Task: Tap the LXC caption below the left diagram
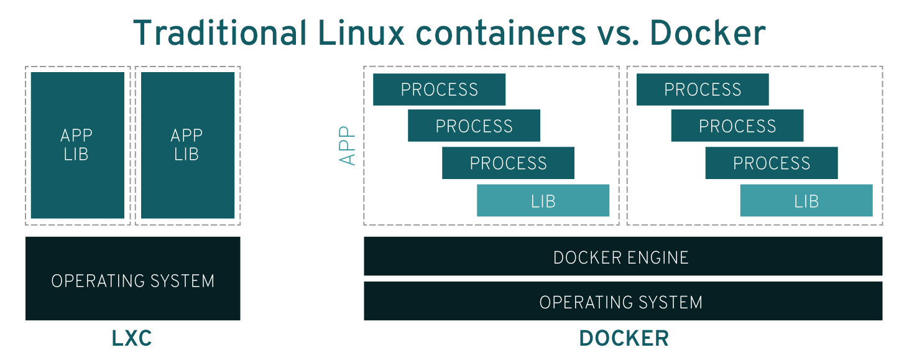pyautogui.click(x=132, y=339)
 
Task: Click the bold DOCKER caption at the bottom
pyautogui.click(x=624, y=339)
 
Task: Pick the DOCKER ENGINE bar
pyautogui.click(x=622, y=256)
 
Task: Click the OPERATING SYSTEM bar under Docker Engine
pyautogui.click(x=622, y=302)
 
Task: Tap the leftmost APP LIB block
pyautogui.click(x=77, y=145)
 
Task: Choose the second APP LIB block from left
pyautogui.click(x=187, y=145)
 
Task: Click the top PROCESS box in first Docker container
pyautogui.click(x=439, y=90)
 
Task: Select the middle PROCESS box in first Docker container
pyautogui.click(x=474, y=126)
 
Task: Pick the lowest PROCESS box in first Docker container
pyautogui.click(x=508, y=163)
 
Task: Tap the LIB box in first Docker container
pyautogui.click(x=543, y=200)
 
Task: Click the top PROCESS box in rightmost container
pyautogui.click(x=703, y=90)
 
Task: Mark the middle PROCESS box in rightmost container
pyautogui.click(x=737, y=126)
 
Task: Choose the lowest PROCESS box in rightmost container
pyautogui.click(x=772, y=163)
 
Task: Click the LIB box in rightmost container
pyautogui.click(x=806, y=200)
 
